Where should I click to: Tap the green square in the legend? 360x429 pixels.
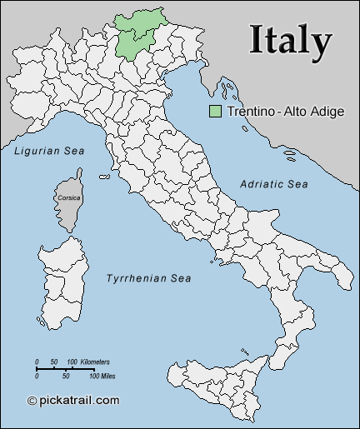[215, 111]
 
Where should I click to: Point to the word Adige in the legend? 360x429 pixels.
[326, 111]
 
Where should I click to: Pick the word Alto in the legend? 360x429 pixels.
[292, 111]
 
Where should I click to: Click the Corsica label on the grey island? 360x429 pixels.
[68, 198]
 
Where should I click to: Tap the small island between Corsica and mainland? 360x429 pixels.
[105, 176]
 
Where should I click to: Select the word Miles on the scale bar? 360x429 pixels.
[102, 377]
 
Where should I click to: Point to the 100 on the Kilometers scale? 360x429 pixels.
[72, 362]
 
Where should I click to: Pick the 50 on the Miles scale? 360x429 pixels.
[66, 377]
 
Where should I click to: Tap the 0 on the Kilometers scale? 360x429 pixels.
[37, 362]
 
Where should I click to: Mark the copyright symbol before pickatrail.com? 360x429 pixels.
[32, 401]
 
